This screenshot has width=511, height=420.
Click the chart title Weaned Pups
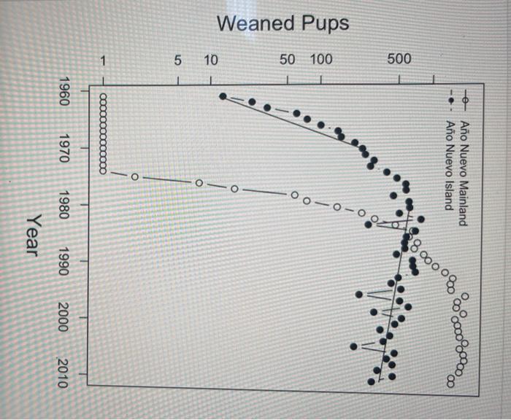[283, 23]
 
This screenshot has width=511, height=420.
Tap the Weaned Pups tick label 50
[287, 59]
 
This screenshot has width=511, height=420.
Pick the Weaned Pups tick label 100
[320, 59]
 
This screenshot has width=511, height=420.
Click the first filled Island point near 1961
[223, 96]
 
